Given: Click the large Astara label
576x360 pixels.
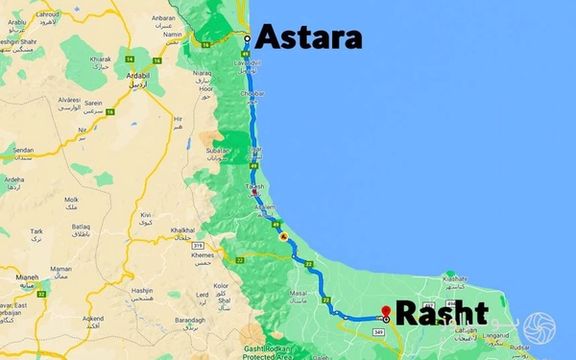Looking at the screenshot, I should click(308, 38).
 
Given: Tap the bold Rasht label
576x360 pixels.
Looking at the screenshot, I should click(442, 314).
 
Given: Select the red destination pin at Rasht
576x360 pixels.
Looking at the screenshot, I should click(386, 311).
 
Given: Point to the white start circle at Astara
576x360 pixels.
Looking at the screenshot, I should click(247, 38).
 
